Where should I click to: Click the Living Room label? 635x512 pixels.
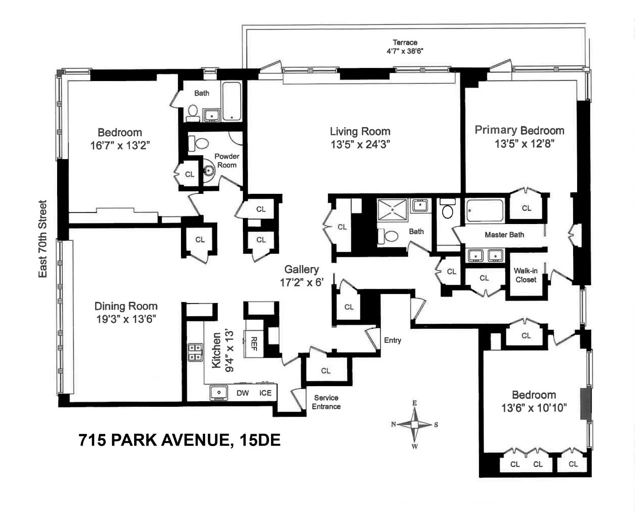(360, 131)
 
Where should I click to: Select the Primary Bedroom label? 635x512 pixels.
(519, 130)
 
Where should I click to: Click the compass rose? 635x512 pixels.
(414, 425)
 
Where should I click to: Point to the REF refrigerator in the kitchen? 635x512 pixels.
(254, 344)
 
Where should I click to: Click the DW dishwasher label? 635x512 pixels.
(242, 393)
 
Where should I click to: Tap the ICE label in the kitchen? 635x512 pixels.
(265, 393)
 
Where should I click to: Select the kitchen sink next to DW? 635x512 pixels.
(218, 392)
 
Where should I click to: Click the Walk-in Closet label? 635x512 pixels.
(525, 275)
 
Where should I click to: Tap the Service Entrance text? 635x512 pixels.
(326, 402)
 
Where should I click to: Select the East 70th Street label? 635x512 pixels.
(42, 239)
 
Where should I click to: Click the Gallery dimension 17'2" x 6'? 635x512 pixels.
(302, 282)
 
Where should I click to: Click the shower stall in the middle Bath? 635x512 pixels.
(392, 210)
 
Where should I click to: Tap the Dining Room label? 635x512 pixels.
(126, 306)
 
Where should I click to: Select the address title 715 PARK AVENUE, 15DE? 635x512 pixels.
(179, 440)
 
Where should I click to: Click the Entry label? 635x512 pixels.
(392, 340)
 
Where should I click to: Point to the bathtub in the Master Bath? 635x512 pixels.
(485, 210)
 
